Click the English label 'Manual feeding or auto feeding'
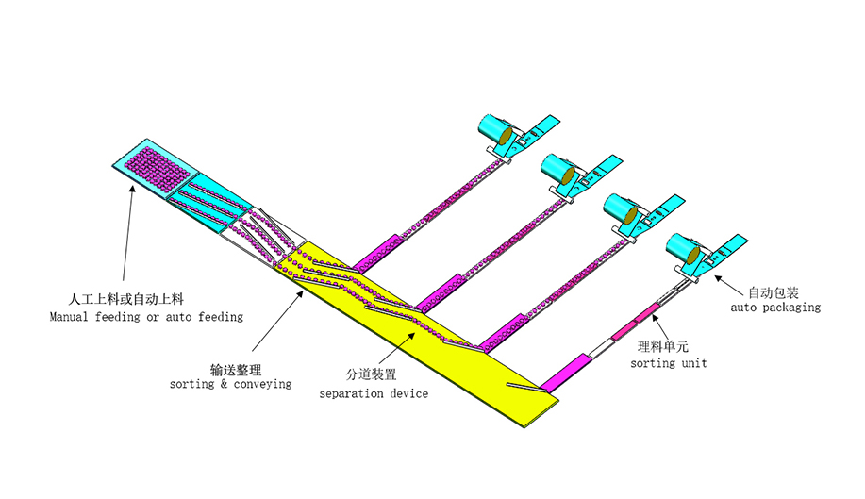146,317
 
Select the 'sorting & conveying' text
230,384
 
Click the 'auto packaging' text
775,308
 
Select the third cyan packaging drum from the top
621,208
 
